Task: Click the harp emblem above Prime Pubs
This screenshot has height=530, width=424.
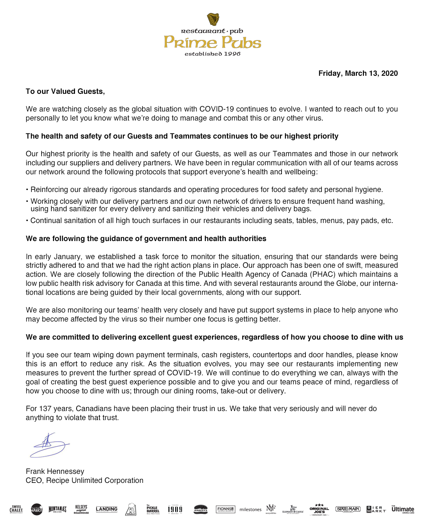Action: tap(213, 19)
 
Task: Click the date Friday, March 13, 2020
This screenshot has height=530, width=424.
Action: tap(358, 73)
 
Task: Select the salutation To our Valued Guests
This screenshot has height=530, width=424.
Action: tap(65, 91)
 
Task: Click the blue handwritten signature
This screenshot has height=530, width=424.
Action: tap(50, 445)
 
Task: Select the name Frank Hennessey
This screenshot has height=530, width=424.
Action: tap(55, 472)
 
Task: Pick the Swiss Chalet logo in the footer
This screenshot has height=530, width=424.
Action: tap(16, 509)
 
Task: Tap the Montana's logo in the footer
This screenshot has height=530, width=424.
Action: tap(57, 509)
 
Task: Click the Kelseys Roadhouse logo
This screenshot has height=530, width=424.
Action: tap(81, 509)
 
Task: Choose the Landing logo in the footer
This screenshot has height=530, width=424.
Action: tap(107, 509)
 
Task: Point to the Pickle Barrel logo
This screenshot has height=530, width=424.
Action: tap(153, 509)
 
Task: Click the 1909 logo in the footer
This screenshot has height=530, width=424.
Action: tap(175, 509)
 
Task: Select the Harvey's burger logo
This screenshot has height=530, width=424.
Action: tap(201, 509)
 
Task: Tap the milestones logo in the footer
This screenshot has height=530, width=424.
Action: tap(250, 510)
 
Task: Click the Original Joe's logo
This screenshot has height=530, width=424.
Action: tap(319, 509)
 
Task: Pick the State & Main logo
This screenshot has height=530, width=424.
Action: tap(348, 509)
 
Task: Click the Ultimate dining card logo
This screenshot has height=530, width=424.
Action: tap(403, 509)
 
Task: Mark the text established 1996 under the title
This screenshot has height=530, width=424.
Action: tap(212, 54)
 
